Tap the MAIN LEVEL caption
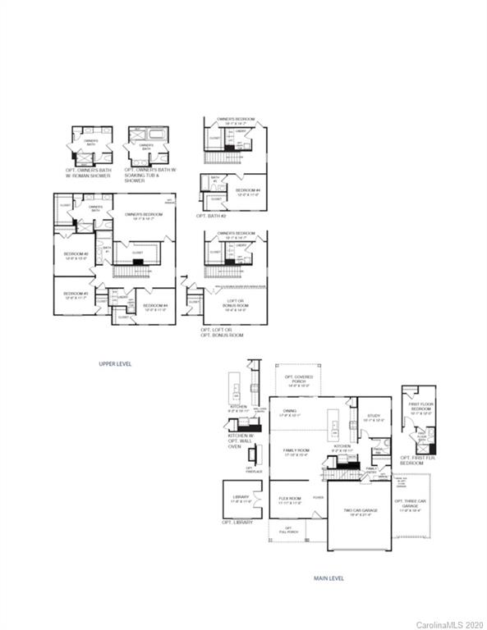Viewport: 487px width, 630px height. [x=328, y=577]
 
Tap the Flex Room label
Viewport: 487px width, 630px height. [x=290, y=500]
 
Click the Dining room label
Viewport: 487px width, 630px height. [x=290, y=413]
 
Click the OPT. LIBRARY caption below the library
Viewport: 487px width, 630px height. [x=237, y=523]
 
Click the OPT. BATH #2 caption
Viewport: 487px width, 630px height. [x=211, y=216]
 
